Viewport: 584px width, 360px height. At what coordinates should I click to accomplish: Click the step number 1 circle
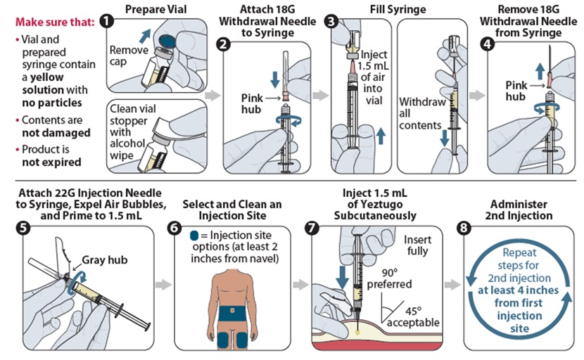[107, 21]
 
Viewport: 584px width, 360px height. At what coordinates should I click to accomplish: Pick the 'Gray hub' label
[106, 258]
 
